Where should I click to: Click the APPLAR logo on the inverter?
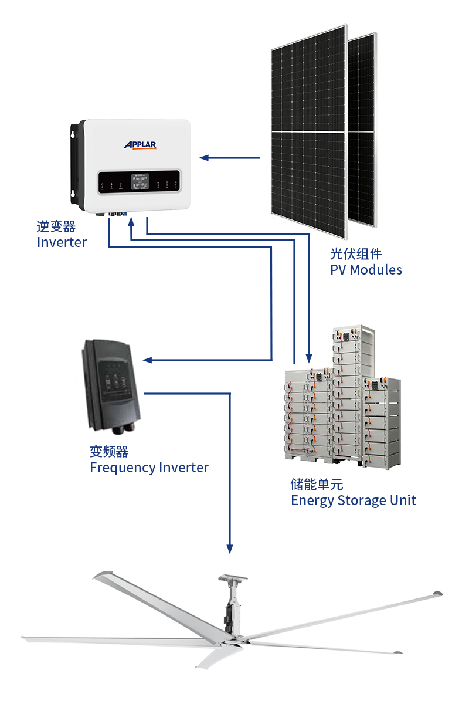[x=140, y=145]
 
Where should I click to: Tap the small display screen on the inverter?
[x=140, y=182]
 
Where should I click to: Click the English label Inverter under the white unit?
[x=62, y=242]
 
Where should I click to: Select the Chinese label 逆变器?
[x=56, y=226]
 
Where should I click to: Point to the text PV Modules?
[x=366, y=270]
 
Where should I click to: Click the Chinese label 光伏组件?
[x=356, y=254]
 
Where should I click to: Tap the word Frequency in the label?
[x=123, y=468]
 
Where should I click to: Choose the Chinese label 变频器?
[x=109, y=452]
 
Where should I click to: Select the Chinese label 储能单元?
[x=317, y=485]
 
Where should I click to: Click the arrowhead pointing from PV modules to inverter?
[x=204, y=157]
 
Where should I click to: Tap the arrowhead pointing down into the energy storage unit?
[x=309, y=358]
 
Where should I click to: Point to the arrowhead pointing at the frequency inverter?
[x=147, y=360]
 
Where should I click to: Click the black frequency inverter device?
[x=111, y=386]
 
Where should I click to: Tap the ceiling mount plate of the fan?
[x=233, y=577]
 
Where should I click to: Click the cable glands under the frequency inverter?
[x=124, y=428]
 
